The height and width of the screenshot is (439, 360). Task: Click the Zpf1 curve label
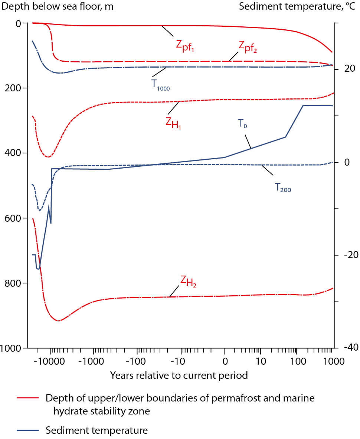pos(185,45)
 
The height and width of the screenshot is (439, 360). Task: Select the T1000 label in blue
pos(161,85)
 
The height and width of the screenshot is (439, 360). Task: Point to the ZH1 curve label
pos(173,121)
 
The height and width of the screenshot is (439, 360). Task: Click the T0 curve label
pos(243,124)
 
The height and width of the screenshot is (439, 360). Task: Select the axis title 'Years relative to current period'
pos(179,375)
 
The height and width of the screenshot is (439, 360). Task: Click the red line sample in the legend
pos(28,398)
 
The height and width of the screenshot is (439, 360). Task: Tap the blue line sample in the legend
pos(28,430)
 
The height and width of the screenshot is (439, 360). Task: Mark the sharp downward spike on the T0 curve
pos(51,222)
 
